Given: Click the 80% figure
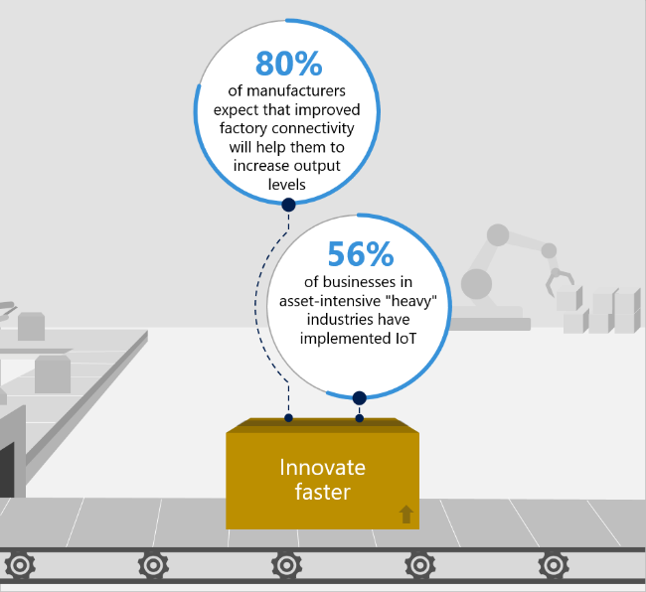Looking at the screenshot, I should coord(288,64).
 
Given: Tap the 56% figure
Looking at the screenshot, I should coord(360,255).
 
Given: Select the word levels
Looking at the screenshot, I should coord(288,183).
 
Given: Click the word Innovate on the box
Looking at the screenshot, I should coord(322,467).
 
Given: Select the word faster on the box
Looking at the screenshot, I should coord(322,492).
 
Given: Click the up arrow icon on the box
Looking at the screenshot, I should coord(405,514).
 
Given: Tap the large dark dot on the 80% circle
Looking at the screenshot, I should coord(288,206).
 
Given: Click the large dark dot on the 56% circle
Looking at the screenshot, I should coord(360,398).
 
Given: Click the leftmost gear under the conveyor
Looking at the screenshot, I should coord(20,565).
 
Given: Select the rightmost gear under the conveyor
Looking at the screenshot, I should coord(554,565).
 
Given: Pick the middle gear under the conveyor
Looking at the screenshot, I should coord(287,565).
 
